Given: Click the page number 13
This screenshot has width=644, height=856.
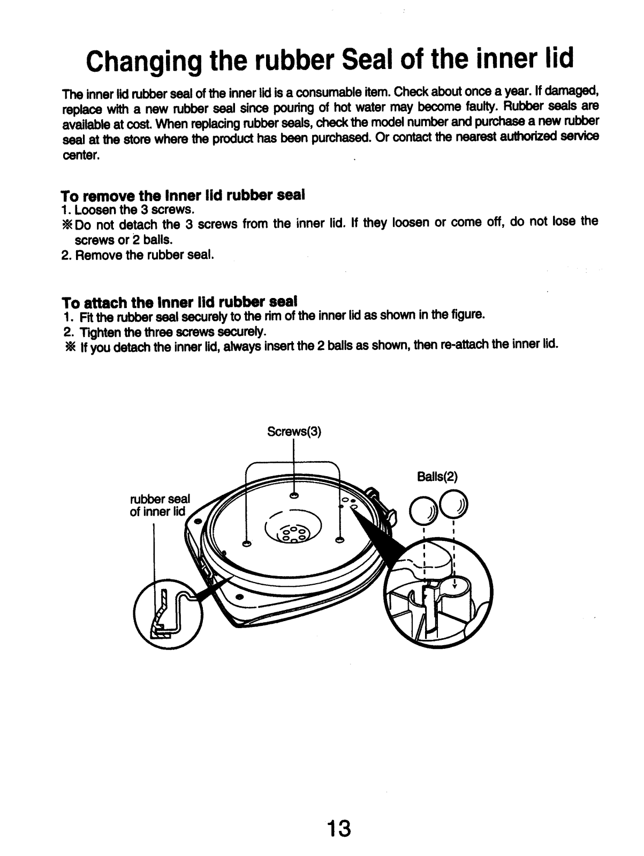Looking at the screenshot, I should (339, 828).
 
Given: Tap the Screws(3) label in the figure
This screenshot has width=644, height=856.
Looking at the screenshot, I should (294, 432).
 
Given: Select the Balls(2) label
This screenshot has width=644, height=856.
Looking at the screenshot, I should (437, 476).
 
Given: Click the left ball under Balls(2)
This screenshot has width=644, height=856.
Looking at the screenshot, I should (421, 510).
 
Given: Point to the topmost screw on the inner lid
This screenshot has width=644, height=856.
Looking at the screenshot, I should (293, 495).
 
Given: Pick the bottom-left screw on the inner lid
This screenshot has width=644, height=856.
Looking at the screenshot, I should (247, 544).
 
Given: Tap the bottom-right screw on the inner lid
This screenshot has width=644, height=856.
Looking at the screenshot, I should (339, 541).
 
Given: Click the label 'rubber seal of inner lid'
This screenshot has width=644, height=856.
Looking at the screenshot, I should (160, 505).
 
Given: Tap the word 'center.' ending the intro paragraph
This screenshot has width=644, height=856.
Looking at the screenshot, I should (81, 157).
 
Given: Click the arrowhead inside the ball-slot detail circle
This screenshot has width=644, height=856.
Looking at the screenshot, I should (454, 585).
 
